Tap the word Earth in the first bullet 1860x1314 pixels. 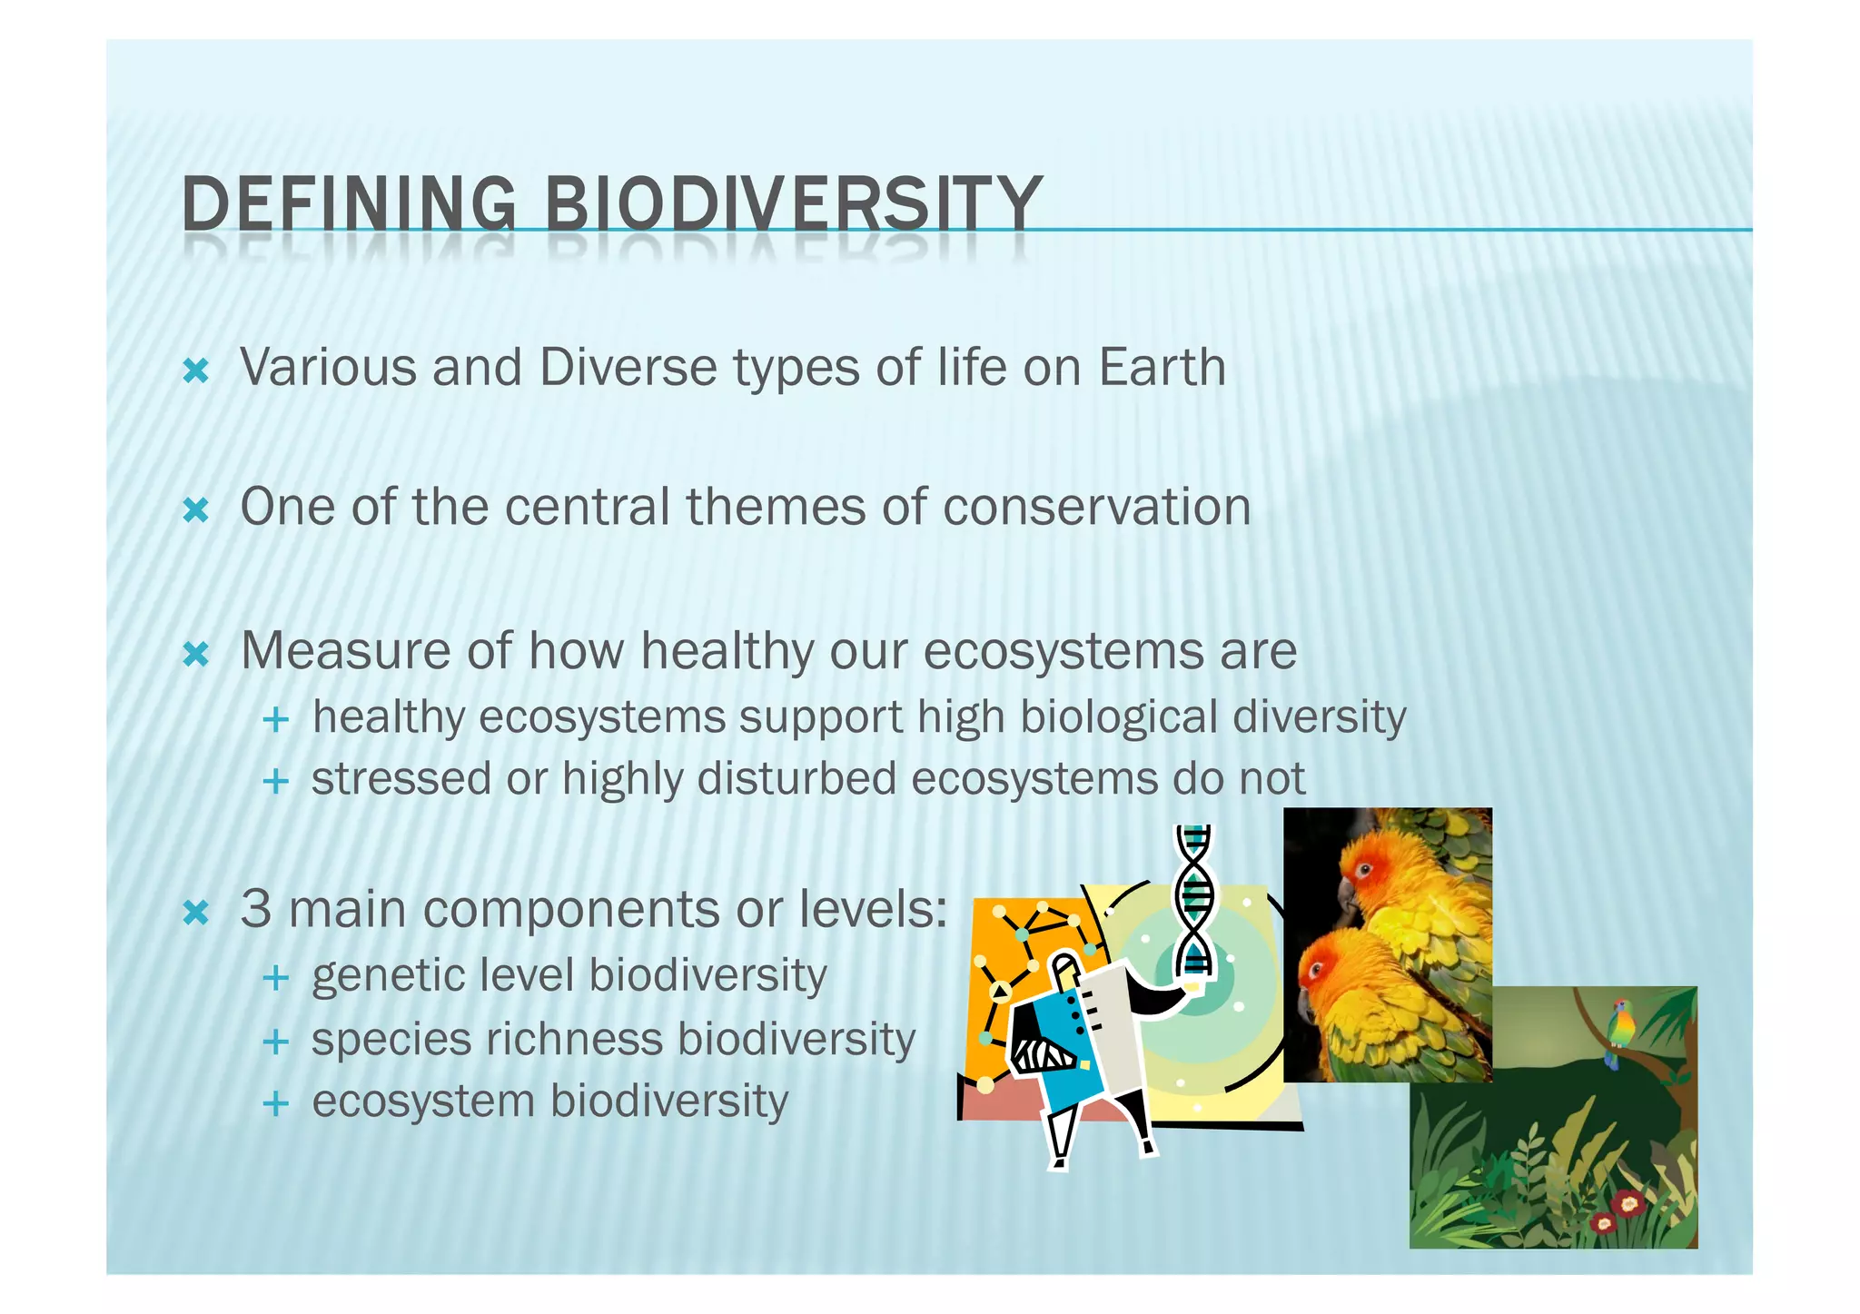click(x=1162, y=368)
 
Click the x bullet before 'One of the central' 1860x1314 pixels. click(x=196, y=510)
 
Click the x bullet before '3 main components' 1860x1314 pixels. click(x=196, y=912)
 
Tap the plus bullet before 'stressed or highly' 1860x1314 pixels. click(x=275, y=781)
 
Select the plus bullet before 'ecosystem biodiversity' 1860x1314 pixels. click(x=275, y=1104)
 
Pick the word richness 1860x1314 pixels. click(x=574, y=1039)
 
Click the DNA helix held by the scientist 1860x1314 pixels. click(x=1194, y=899)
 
